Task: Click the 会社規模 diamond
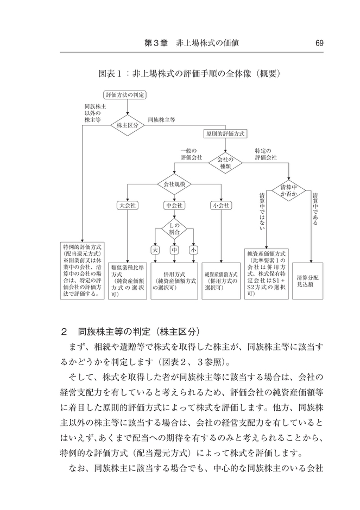(x=174, y=184)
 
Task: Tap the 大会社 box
(x=128, y=206)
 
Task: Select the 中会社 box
(x=174, y=206)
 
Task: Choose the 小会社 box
(x=221, y=206)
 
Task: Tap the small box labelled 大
(x=155, y=250)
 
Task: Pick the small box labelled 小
(x=193, y=250)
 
